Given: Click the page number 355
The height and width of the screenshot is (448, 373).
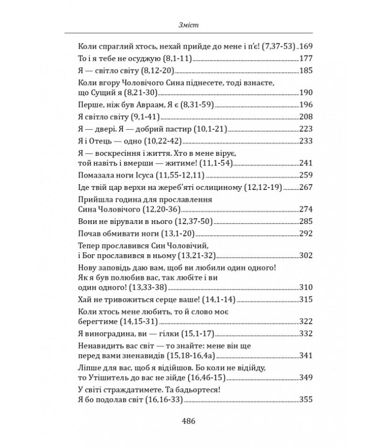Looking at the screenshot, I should [305, 399].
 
